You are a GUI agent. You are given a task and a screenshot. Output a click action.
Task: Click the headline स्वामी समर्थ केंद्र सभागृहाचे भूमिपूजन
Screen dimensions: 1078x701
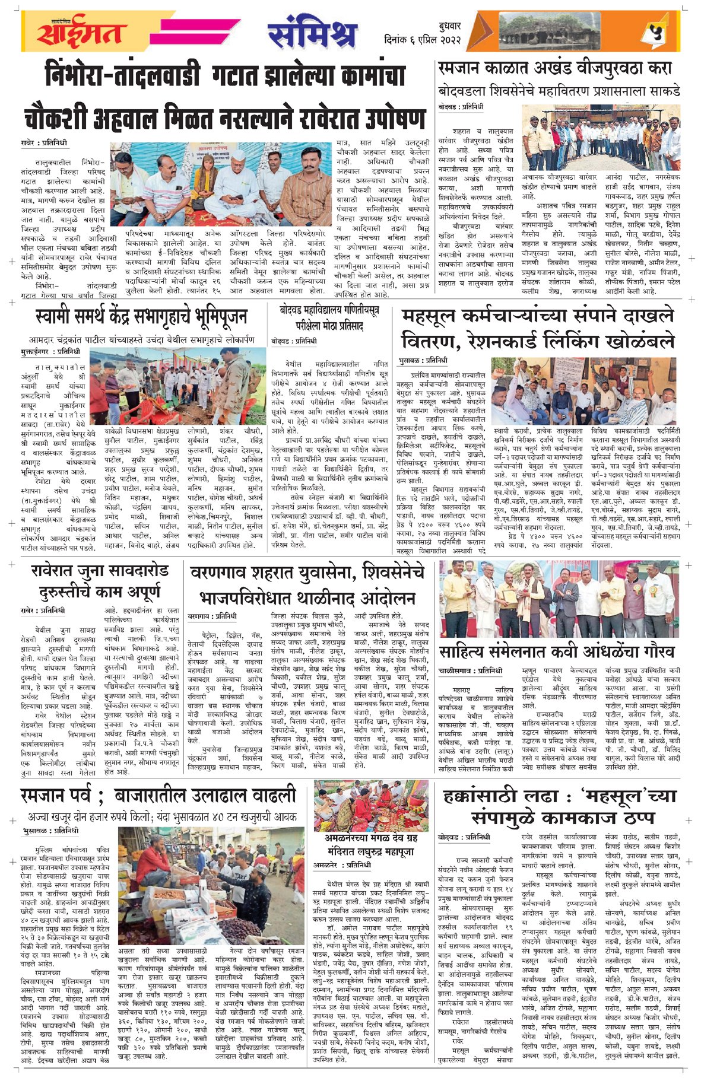coord(141,317)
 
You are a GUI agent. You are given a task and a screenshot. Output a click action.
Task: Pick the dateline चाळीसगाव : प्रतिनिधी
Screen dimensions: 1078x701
coord(470,671)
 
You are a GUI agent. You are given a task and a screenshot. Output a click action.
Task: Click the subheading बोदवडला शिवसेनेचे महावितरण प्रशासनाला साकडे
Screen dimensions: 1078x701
coord(559,92)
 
